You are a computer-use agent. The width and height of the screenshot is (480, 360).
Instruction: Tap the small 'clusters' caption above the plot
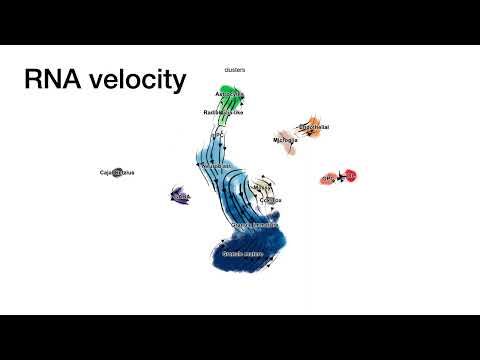[235, 69]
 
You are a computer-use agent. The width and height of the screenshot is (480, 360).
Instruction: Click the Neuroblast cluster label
[214, 165]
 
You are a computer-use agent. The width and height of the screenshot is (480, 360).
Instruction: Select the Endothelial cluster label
[314, 128]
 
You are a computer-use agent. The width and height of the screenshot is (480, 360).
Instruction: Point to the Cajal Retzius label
[117, 173]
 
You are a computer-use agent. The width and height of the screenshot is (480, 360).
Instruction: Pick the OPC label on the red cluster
[328, 178]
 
